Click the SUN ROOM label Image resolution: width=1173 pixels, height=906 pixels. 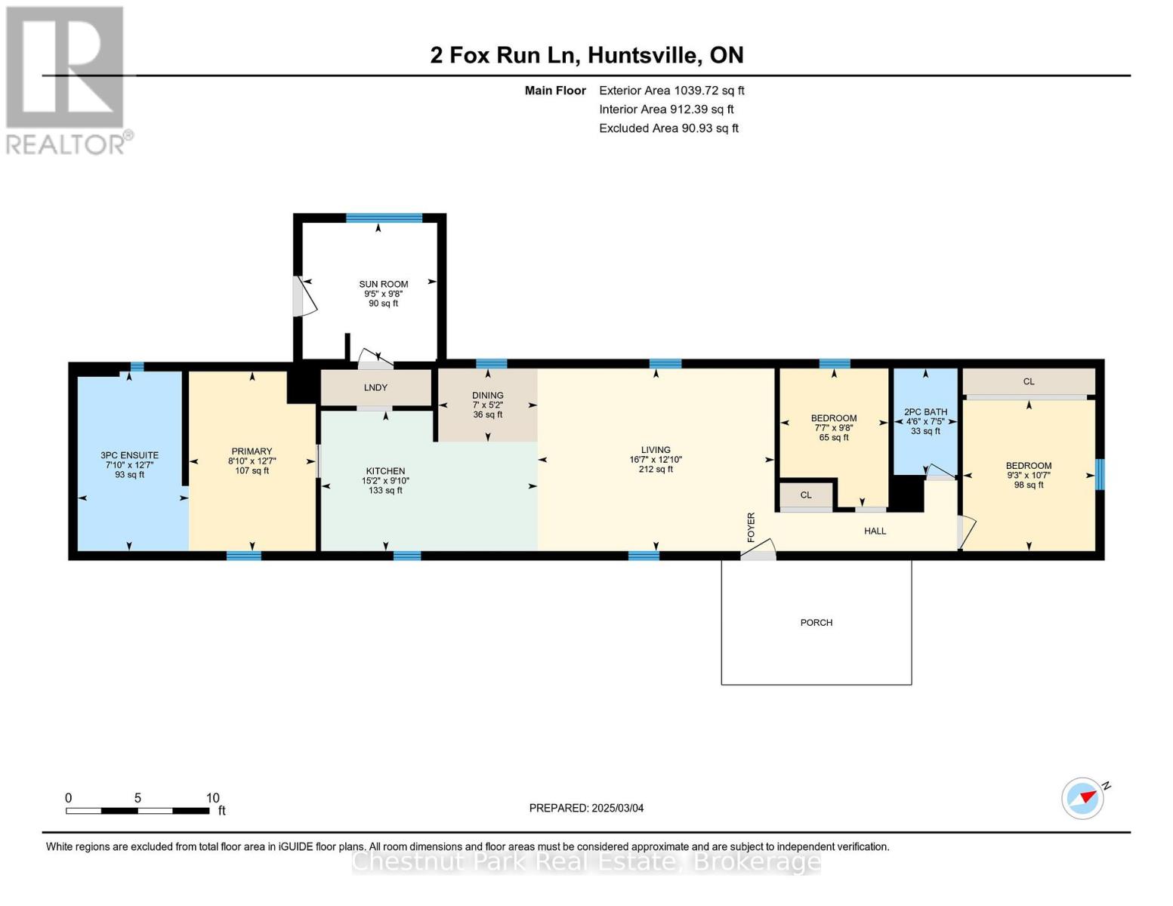click(x=383, y=285)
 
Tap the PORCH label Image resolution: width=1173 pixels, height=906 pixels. click(x=816, y=623)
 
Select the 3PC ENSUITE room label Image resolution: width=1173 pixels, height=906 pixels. click(x=129, y=455)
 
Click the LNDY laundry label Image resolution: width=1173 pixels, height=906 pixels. click(x=375, y=387)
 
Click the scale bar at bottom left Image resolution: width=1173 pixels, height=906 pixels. click(x=137, y=810)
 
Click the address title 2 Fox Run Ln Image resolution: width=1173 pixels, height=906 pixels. click(x=586, y=55)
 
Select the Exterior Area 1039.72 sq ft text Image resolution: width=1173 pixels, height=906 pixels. click(x=671, y=91)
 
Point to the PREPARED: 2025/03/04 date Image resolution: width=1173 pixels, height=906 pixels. click(x=586, y=808)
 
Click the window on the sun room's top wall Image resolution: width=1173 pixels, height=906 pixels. click(x=384, y=218)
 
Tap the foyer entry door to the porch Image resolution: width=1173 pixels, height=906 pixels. click(x=758, y=551)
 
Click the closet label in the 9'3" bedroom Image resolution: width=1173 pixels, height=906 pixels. click(x=1028, y=381)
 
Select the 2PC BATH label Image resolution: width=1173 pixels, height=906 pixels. click(x=925, y=412)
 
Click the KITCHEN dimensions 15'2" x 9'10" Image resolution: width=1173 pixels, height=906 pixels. click(x=385, y=481)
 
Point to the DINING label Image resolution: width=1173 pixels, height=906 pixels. click(x=487, y=396)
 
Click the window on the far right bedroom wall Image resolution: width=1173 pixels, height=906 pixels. click(x=1100, y=475)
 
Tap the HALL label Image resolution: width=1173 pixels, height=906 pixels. click(x=875, y=532)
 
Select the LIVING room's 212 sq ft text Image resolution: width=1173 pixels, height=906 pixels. click(x=655, y=470)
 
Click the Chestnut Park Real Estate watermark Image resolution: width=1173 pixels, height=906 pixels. click(x=586, y=861)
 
